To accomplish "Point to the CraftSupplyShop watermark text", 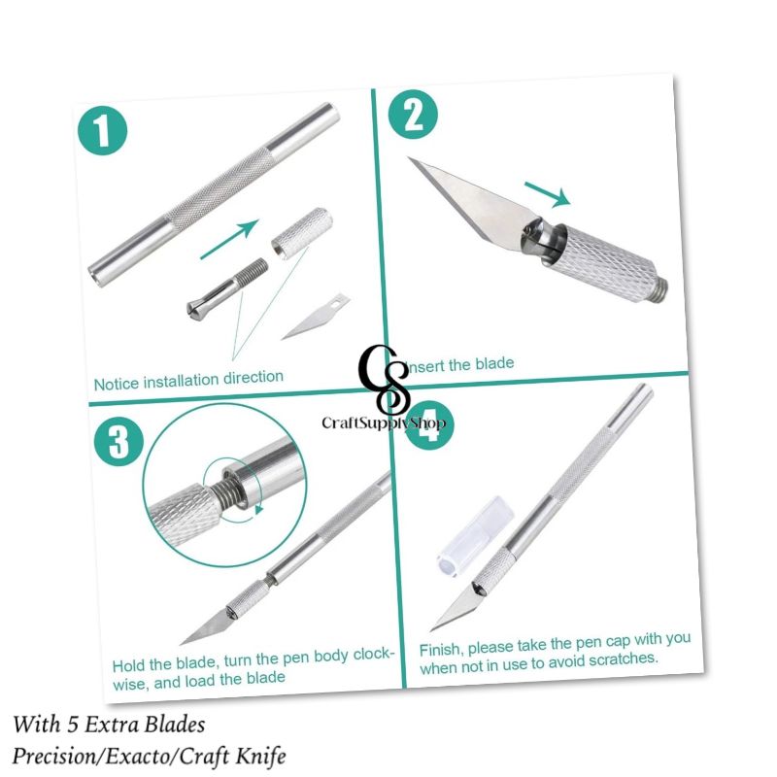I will coord(385,422).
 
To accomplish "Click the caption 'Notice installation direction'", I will coord(188,379).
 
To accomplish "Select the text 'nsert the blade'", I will coord(459,365).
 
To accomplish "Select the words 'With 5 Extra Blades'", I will coord(110,725).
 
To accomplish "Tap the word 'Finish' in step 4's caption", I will coord(441,648).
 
